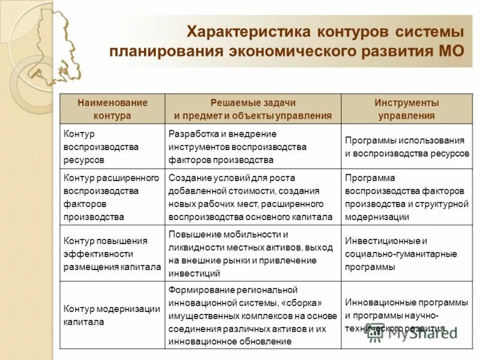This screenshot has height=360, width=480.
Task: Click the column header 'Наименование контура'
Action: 112,109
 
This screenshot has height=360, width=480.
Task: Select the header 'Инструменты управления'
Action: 406,109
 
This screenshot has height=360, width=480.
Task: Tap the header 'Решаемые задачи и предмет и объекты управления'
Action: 253,109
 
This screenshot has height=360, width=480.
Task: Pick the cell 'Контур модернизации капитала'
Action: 112,315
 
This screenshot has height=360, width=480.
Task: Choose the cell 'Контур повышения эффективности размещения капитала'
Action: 112,254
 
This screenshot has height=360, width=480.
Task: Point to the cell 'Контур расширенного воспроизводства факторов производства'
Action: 112,197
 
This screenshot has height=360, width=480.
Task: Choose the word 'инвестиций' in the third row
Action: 190,273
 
